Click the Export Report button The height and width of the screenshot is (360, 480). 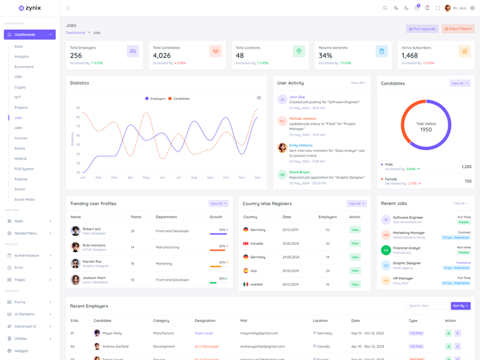458,29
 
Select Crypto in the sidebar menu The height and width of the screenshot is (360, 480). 20,87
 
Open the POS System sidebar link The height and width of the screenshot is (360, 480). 24,169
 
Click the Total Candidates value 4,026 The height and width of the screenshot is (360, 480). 162,56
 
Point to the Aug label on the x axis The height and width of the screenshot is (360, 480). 194,178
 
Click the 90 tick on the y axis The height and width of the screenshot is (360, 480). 78,108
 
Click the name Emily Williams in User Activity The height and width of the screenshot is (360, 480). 301,145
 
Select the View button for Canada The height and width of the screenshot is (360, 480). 355,244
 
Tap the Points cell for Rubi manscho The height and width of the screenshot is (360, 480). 133,247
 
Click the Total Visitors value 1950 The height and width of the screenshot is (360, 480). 426,130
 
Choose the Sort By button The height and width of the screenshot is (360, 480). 460,306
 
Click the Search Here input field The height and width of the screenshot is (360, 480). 426,306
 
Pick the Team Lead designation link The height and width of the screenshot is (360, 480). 203,333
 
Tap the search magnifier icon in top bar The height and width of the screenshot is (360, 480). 385,8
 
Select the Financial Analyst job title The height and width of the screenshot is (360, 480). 406,248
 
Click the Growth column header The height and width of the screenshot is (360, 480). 215,217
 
